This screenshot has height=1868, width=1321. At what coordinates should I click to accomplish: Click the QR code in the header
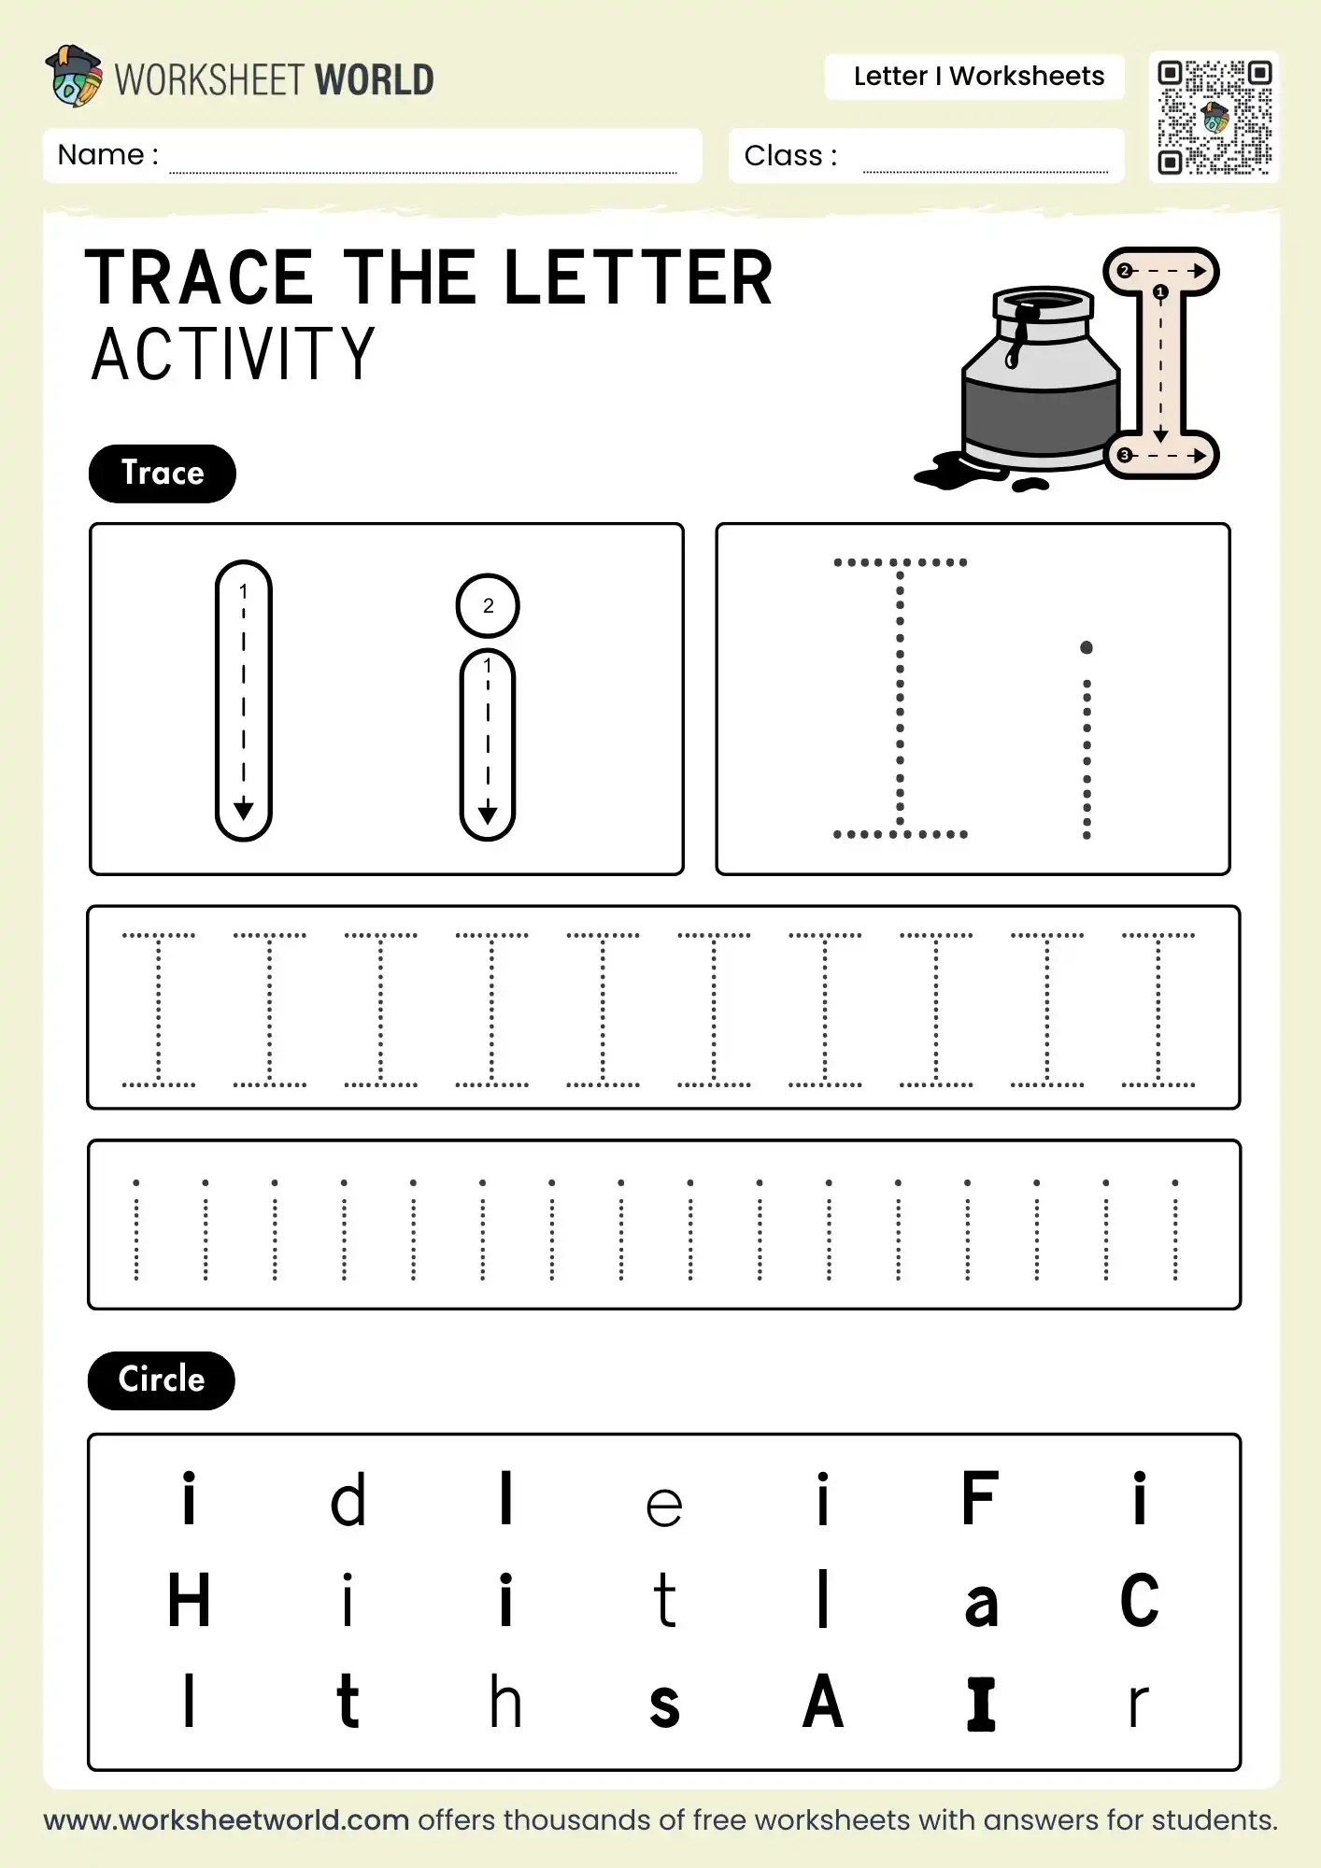pyautogui.click(x=1214, y=117)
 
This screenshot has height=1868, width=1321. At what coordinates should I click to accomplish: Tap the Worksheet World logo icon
pyautogui.click(x=74, y=76)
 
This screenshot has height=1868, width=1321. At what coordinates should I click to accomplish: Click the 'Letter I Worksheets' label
pyautogui.click(x=978, y=77)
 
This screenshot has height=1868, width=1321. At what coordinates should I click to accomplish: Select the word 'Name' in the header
pyautogui.click(x=101, y=155)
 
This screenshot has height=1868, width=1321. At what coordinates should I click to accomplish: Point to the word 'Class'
pyautogui.click(x=783, y=156)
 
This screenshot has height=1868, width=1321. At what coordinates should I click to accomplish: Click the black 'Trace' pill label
pyautogui.click(x=162, y=474)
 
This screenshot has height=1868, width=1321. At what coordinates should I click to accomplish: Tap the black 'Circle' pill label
pyautogui.click(x=161, y=1380)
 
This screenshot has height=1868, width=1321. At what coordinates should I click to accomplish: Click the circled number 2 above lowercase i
pyautogui.click(x=488, y=605)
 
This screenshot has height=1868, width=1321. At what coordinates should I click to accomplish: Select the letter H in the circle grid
pyautogui.click(x=189, y=1600)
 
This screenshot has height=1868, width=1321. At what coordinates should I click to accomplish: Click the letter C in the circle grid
pyautogui.click(x=1139, y=1601)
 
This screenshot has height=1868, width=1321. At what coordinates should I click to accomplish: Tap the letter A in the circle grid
pyautogui.click(x=822, y=1702)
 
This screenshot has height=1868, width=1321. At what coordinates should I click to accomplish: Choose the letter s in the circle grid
pyautogui.click(x=664, y=1705)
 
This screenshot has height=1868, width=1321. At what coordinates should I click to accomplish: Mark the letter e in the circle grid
pyautogui.click(x=664, y=1506)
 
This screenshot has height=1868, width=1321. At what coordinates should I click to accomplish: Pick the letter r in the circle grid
pyautogui.click(x=1137, y=1705)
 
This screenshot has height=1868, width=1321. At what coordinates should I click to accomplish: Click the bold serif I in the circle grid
pyautogui.click(x=981, y=1704)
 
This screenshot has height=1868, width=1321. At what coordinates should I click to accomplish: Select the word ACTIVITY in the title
pyautogui.click(x=234, y=355)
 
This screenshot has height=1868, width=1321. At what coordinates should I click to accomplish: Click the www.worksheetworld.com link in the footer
pyautogui.click(x=226, y=1820)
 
